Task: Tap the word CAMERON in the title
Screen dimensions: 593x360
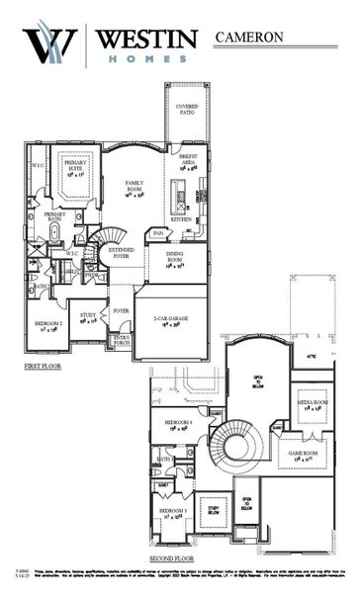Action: pos(248,38)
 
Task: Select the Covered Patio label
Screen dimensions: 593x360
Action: pos(186,109)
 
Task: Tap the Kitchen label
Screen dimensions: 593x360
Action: pos(181,218)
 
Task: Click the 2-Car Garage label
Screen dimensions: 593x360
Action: pos(171,319)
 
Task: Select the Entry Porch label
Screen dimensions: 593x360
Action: pos(122,341)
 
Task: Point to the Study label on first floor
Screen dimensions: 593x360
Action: pos(87,317)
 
